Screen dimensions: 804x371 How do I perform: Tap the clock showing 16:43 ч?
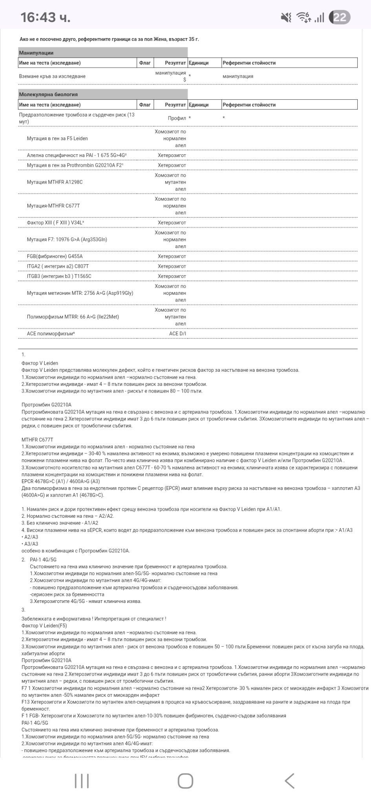(45, 17)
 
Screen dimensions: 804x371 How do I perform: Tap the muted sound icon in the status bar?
(286, 17)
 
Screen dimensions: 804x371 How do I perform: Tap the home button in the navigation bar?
(185, 781)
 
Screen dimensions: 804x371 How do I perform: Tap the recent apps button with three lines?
(82, 781)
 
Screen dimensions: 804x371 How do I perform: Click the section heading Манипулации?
(36, 53)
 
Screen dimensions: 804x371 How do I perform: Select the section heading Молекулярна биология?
(48, 94)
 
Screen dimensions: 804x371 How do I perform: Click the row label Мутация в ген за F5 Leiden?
(57, 139)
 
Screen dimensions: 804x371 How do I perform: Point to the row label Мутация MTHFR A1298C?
(55, 182)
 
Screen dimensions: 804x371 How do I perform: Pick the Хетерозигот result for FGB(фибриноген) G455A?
(172, 256)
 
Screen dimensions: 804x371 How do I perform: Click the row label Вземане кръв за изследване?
(52, 77)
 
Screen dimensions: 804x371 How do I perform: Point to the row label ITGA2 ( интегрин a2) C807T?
(58, 266)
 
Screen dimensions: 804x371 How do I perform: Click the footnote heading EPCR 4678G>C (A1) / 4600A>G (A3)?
(60, 481)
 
